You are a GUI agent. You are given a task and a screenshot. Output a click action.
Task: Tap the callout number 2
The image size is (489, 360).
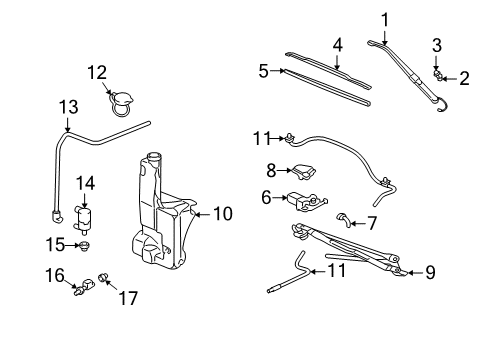[x=464, y=78]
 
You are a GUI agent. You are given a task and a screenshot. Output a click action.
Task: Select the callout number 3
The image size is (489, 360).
[x=437, y=44]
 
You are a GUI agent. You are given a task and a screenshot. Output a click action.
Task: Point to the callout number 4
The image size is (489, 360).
[x=338, y=44]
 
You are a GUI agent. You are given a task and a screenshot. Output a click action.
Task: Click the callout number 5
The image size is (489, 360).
[x=264, y=70]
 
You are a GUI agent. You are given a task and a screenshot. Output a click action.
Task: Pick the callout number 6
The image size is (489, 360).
[x=267, y=198]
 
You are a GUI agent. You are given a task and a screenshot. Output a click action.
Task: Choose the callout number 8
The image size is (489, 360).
[x=270, y=170]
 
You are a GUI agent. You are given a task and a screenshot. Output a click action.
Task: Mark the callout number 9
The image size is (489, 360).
[x=431, y=270]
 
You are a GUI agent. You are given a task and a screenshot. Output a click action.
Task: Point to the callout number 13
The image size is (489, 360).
[x=67, y=107]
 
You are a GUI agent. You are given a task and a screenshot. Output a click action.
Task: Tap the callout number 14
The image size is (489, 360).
[x=86, y=182]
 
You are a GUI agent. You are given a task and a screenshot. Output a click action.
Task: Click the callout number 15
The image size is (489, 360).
[x=56, y=243]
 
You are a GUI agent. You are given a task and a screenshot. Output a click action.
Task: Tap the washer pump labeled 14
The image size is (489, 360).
[x=84, y=214]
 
